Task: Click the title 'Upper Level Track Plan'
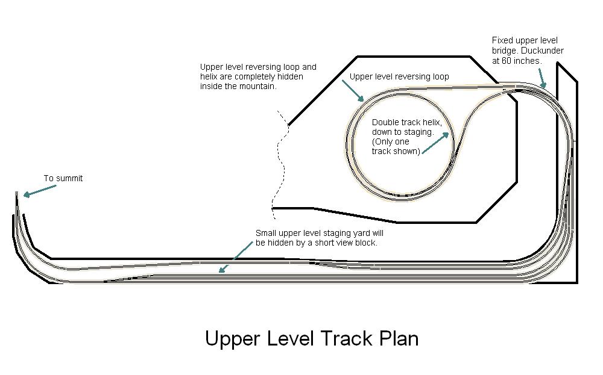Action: click(x=312, y=339)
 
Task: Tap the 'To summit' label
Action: click(x=63, y=179)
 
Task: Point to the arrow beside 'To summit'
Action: click(x=40, y=191)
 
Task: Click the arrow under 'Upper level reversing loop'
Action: click(x=353, y=90)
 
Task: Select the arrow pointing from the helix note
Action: click(x=435, y=143)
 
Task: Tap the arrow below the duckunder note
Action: click(x=542, y=79)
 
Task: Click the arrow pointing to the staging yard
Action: click(x=236, y=257)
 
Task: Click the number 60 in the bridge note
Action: click(x=507, y=61)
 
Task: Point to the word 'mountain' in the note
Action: click(x=260, y=86)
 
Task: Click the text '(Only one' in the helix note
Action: click(x=390, y=141)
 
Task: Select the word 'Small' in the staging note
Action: click(x=266, y=234)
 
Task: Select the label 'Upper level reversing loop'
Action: click(x=399, y=77)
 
